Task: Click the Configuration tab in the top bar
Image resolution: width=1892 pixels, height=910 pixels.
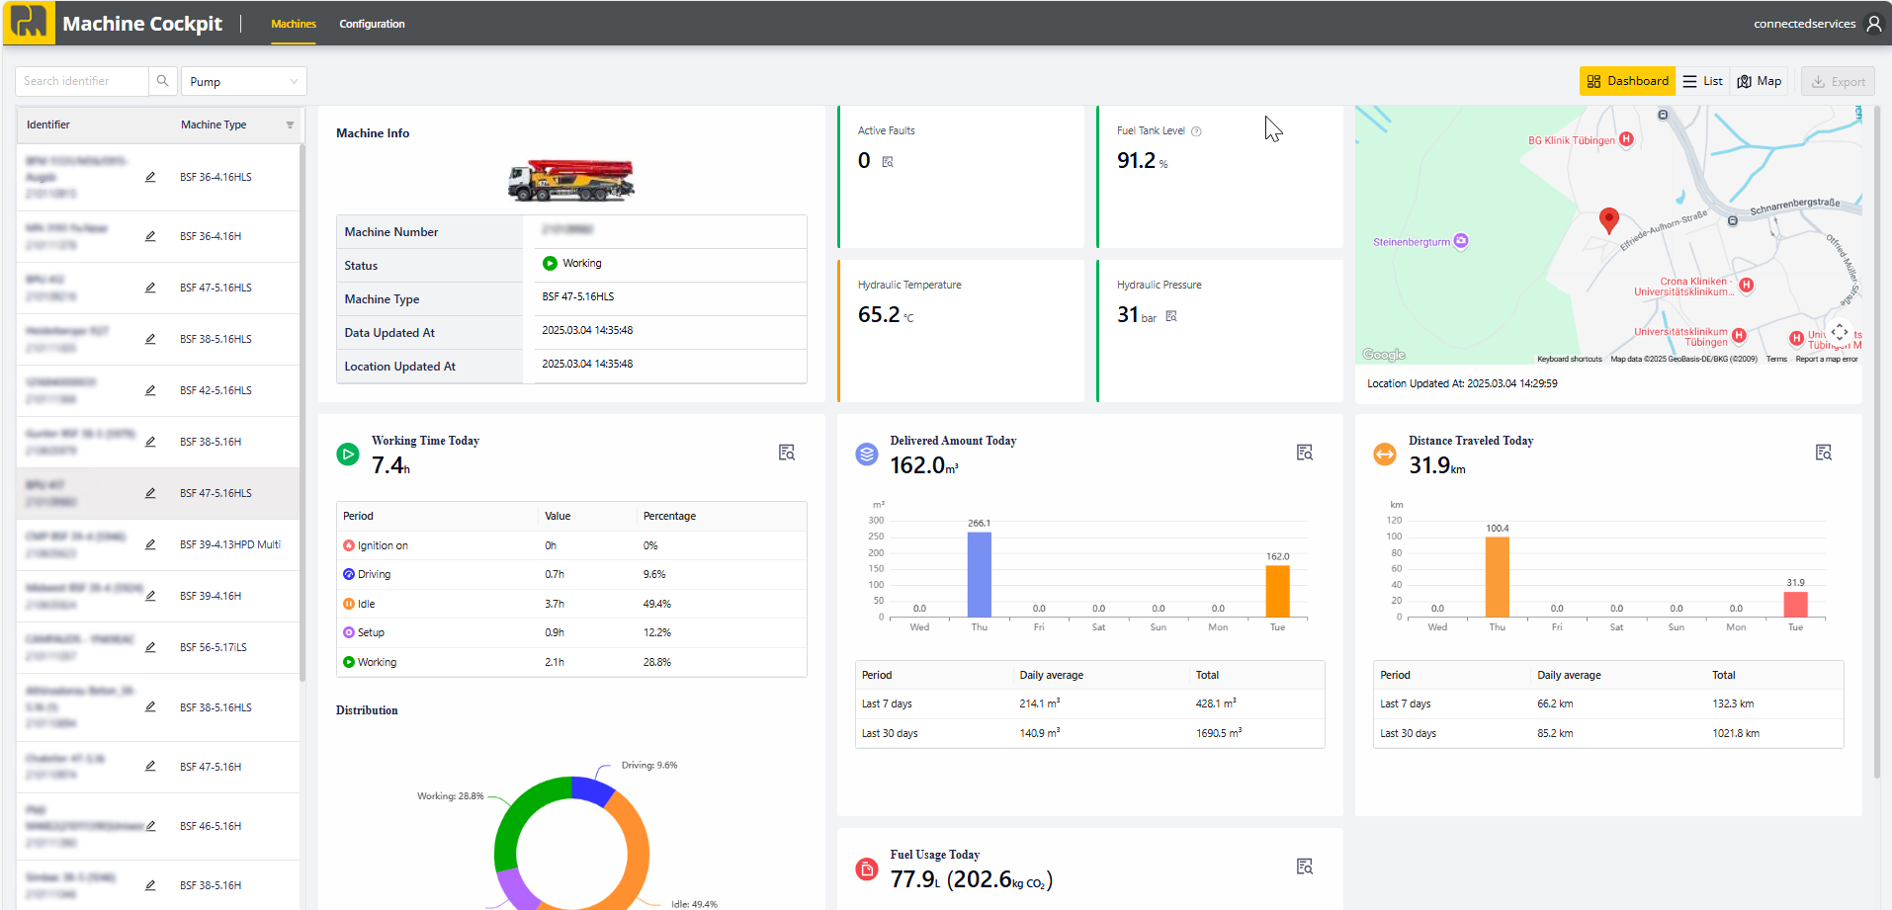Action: (x=372, y=24)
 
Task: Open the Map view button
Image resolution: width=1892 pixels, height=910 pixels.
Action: (x=1760, y=81)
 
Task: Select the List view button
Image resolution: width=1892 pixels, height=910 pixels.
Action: (x=1702, y=81)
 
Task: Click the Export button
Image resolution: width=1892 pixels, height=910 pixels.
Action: (x=1838, y=82)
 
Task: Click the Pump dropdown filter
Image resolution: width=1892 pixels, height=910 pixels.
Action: (x=243, y=81)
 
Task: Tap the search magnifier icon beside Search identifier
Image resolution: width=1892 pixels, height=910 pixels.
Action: (x=163, y=81)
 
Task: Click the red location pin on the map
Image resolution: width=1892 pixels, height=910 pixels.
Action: (x=1609, y=219)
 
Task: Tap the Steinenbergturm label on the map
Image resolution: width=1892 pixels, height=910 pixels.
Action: (x=1412, y=242)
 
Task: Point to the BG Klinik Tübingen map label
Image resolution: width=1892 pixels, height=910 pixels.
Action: (x=1571, y=140)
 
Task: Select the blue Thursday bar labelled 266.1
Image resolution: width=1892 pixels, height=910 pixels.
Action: (x=979, y=574)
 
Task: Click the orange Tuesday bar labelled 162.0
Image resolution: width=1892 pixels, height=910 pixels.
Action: (x=1277, y=591)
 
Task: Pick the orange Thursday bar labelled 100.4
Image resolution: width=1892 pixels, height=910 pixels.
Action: (x=1498, y=577)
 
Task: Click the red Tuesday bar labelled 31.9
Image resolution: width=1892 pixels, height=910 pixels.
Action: (x=1795, y=605)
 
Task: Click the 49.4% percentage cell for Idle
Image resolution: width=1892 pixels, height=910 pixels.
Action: (x=657, y=604)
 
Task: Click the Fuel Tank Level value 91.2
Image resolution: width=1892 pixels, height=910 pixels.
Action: (x=1137, y=161)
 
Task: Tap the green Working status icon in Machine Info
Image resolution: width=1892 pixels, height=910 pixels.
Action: (x=550, y=263)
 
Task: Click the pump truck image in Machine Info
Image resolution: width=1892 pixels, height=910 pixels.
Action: (x=571, y=180)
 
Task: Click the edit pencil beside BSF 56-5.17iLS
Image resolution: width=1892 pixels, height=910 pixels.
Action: (x=150, y=647)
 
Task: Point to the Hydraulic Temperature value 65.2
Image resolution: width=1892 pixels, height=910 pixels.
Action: (x=879, y=315)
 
